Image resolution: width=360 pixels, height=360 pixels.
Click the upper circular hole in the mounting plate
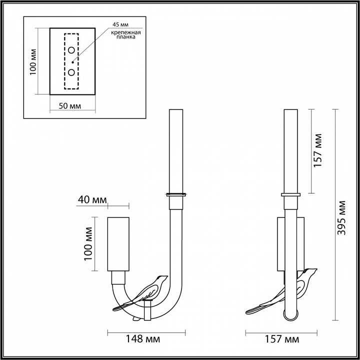tap(71, 50)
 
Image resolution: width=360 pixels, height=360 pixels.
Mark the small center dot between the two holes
tap(72, 61)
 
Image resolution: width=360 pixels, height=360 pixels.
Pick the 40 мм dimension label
tap(92, 200)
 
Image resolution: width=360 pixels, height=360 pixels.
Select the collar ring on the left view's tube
tap(175, 194)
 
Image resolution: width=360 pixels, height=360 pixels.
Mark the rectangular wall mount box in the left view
tap(118, 243)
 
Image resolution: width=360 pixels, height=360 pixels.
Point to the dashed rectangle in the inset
tap(71, 61)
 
